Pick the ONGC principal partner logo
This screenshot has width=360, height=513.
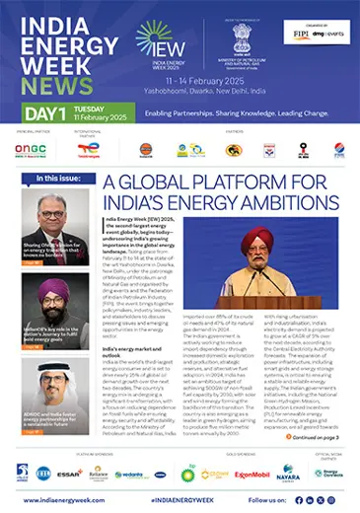coord(32,150)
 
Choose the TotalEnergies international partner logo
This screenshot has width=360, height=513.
coord(87,150)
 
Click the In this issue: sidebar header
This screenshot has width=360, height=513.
coord(60,179)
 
